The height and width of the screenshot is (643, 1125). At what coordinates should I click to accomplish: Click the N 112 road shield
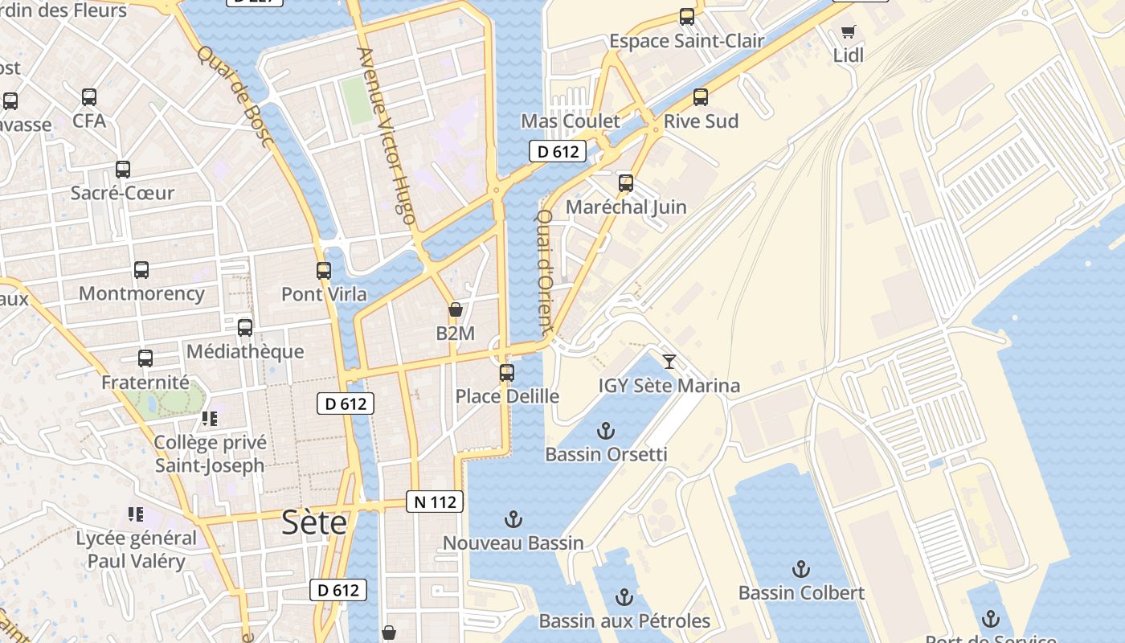pos(435,502)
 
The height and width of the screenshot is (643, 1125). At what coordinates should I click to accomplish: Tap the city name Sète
pos(314,523)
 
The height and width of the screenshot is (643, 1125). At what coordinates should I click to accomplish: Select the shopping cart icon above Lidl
pos(848,32)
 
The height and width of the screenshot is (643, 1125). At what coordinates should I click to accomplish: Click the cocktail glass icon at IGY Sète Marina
pos(669,362)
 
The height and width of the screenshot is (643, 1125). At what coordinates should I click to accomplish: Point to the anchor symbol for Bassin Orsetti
pos(606,431)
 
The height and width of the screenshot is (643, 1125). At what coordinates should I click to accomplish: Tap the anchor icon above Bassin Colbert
pos(800,570)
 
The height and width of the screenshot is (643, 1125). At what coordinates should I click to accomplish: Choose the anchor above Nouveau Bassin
pos(513,519)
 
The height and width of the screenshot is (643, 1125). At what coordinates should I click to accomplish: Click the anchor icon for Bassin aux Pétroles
pos(624,597)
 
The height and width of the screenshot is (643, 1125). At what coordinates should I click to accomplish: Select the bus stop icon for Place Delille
pos(506,373)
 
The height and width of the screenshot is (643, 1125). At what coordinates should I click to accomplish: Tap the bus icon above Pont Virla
pos(324,271)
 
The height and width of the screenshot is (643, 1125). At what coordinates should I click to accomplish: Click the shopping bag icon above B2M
pos(455,310)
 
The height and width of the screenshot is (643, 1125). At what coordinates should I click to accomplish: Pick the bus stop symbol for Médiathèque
pos(245,328)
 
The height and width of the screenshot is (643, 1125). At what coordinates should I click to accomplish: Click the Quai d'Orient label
pos(545,272)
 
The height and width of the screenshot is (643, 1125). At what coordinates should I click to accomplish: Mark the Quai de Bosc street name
pos(235,96)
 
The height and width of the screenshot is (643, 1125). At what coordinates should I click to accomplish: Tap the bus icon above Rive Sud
pos(701,97)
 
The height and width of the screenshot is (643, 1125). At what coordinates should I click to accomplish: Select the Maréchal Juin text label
pos(626,207)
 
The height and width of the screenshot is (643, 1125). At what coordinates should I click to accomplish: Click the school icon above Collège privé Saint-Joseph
pos(210,419)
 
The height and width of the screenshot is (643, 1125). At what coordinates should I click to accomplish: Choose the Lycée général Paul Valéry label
pos(136,550)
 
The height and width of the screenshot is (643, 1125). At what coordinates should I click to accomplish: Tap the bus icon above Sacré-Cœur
pos(123,170)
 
